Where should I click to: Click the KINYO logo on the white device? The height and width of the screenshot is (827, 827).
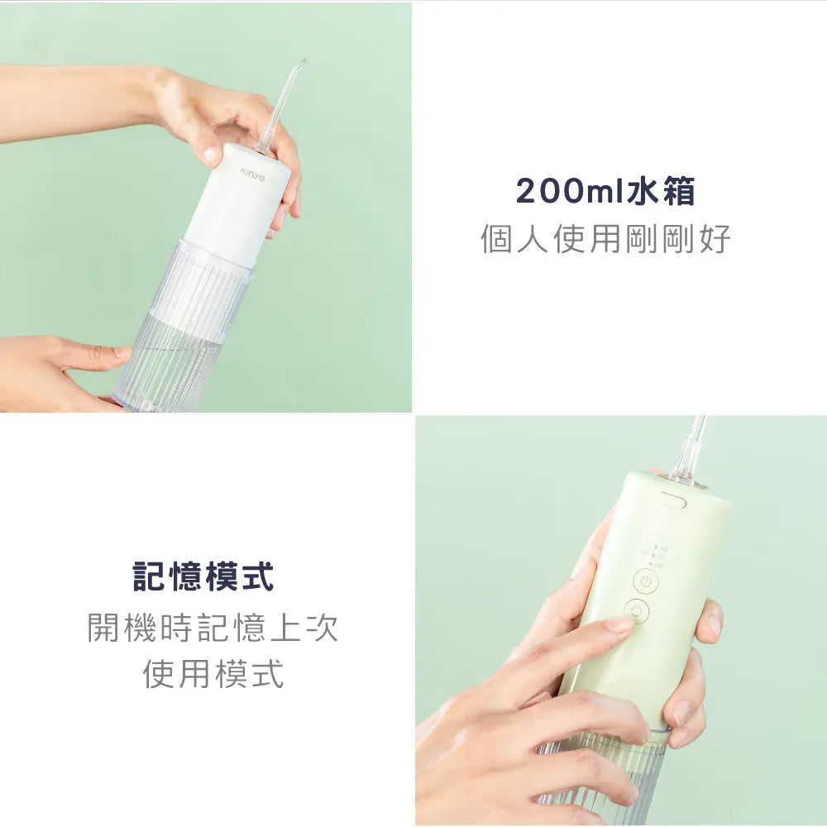click(x=252, y=174)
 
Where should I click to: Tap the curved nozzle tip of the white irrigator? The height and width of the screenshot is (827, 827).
click(x=301, y=64)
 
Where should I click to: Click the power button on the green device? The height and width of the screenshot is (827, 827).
click(x=646, y=581)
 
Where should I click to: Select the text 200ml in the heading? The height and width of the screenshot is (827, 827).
click(x=571, y=191)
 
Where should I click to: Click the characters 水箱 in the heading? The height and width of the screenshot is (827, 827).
click(x=662, y=191)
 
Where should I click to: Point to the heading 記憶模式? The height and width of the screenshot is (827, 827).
click(x=203, y=576)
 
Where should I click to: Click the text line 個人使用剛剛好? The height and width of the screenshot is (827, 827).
click(x=605, y=239)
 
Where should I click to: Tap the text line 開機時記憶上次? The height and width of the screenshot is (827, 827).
click(x=213, y=627)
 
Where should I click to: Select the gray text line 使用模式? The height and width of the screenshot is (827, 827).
click(x=213, y=673)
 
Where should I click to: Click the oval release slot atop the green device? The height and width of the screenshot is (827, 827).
click(x=673, y=500)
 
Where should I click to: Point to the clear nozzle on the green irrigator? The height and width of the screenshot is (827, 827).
click(x=689, y=449)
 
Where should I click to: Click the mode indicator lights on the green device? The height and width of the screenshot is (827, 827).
click(x=654, y=556)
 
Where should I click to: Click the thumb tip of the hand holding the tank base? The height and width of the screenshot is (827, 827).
click(x=122, y=351)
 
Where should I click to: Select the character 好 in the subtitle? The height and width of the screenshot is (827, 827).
click(x=715, y=239)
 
